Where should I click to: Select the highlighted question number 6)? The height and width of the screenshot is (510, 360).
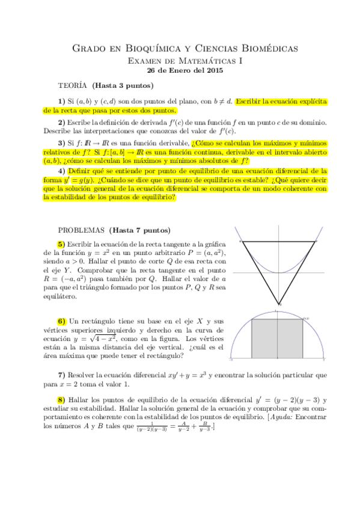pyautogui.click(x=61, y=321)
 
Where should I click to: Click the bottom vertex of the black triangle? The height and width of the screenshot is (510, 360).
pyautogui.click(x=279, y=304)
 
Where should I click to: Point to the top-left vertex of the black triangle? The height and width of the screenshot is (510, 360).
pyautogui.click(x=240, y=241)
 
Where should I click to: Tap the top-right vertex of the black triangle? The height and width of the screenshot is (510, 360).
pyautogui.click(x=316, y=241)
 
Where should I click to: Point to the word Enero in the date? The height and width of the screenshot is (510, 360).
pyautogui.click(x=177, y=70)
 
